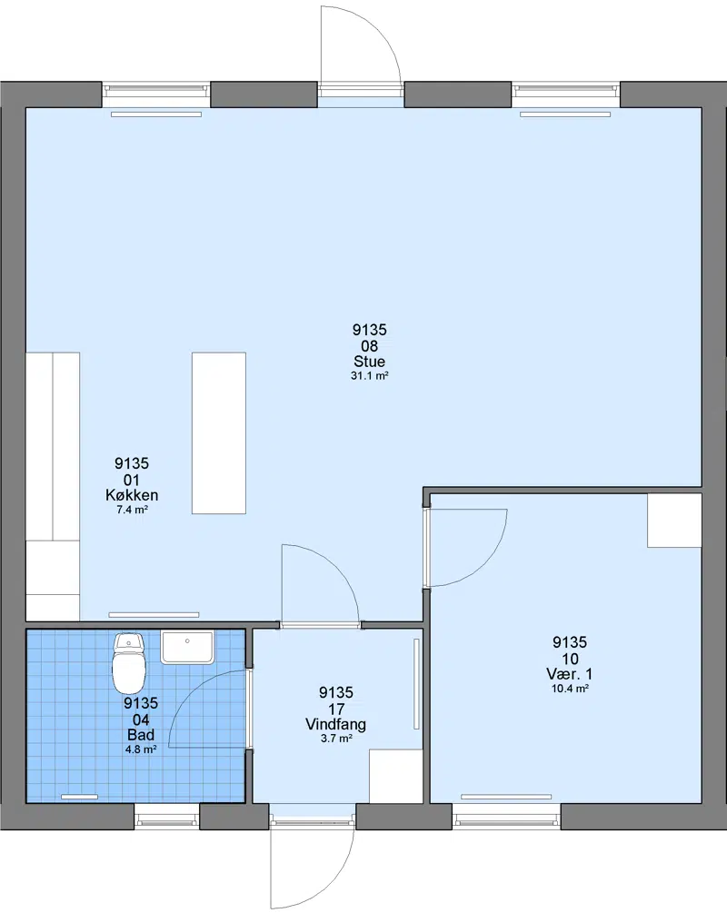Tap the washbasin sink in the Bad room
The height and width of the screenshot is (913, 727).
pyautogui.click(x=187, y=648)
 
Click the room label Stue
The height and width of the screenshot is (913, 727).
pyautogui.click(x=369, y=361)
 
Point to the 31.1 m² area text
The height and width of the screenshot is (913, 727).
pyautogui.click(x=369, y=376)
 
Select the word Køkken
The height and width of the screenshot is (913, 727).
pyautogui.click(x=132, y=495)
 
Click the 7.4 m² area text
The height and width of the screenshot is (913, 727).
pyautogui.click(x=133, y=510)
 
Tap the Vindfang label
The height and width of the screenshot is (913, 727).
pyautogui.click(x=335, y=724)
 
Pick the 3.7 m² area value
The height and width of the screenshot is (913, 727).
pyautogui.click(x=336, y=739)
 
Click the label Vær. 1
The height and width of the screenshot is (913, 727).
pyautogui.click(x=569, y=674)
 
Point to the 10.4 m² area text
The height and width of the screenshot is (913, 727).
pyautogui.click(x=570, y=689)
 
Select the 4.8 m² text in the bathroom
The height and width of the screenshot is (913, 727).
pyautogui.click(x=140, y=750)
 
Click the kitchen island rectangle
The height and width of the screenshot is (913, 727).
pyautogui.click(x=219, y=432)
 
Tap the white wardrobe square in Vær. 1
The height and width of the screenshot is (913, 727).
pyautogui.click(x=674, y=521)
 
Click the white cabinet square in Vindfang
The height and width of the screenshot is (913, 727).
pyautogui.click(x=396, y=777)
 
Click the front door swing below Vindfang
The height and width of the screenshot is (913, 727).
pyautogui.click(x=313, y=868)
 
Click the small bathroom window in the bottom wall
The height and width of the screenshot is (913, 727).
pyautogui.click(x=167, y=817)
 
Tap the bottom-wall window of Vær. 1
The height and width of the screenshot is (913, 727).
pyautogui.click(x=506, y=817)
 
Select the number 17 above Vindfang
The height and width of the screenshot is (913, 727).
pyautogui.click(x=336, y=710)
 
